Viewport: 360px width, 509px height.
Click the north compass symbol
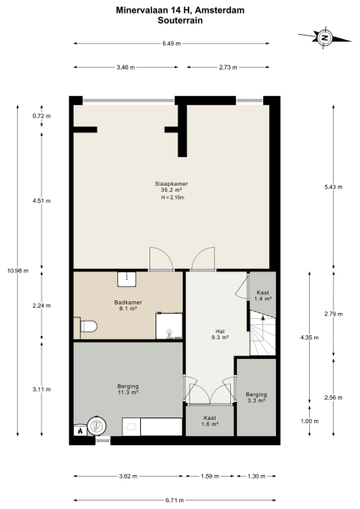[323, 36]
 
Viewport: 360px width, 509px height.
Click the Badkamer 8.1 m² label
[127, 305]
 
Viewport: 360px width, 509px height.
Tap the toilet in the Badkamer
[87, 325]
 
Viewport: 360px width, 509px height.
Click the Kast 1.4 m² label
[262, 295]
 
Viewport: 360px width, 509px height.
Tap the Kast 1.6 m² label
[210, 420]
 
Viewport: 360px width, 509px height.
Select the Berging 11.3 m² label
[127, 389]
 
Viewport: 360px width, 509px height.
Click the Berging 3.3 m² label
[256, 398]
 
